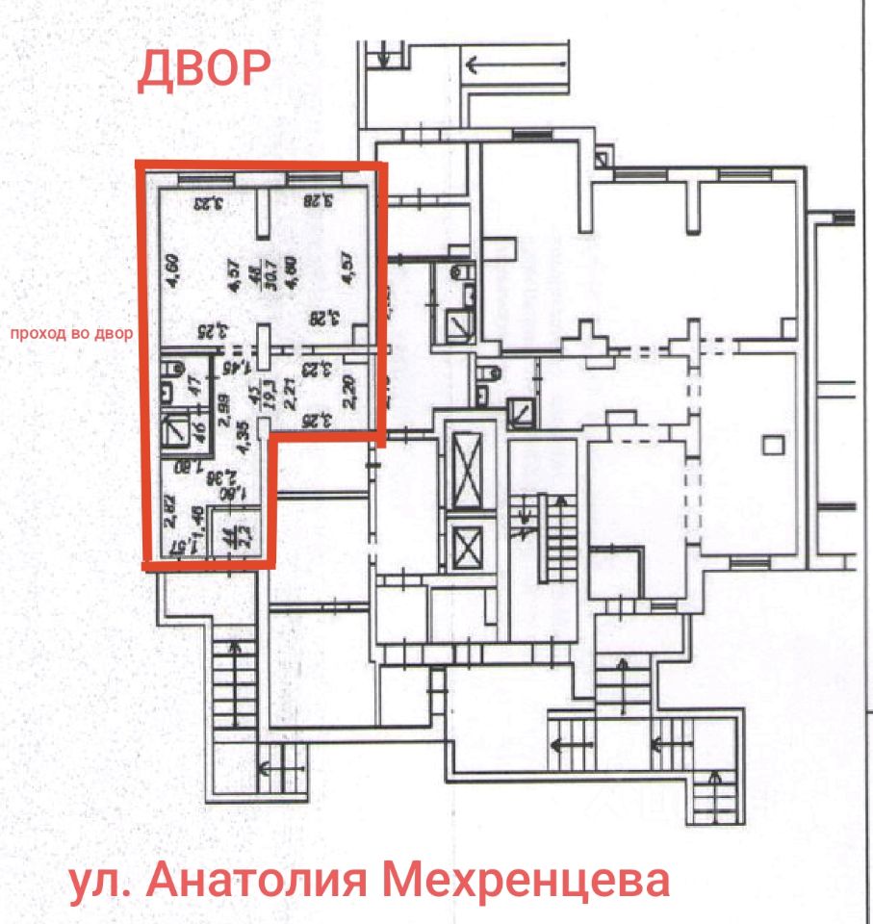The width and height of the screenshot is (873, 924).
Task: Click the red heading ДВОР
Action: [204, 69]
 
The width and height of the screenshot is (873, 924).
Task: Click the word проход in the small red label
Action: [35, 335]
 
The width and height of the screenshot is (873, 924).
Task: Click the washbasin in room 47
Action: [166, 391]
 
